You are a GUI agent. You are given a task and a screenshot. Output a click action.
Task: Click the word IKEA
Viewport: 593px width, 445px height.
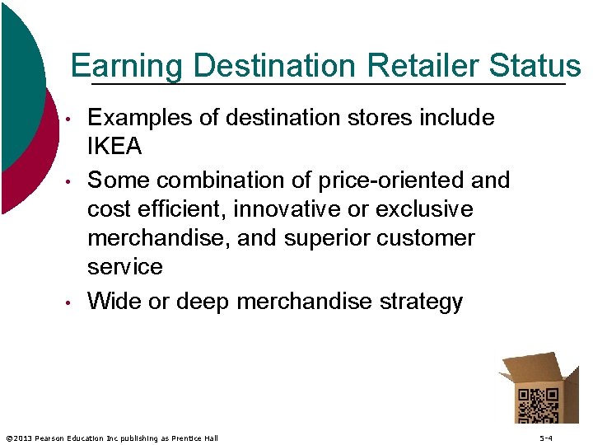point(114,148)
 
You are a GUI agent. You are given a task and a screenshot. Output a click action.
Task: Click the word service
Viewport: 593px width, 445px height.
point(125,267)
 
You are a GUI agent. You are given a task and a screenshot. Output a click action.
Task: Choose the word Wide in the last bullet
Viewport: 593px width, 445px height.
point(114,302)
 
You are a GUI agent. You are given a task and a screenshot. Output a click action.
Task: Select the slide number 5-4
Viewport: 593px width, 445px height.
point(546,438)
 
